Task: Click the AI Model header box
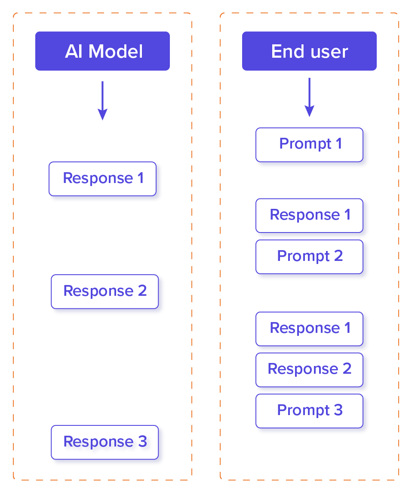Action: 102,51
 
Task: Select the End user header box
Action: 309,51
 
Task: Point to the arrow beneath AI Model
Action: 102,100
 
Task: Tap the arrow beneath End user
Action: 309,97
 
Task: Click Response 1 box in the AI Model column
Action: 103,179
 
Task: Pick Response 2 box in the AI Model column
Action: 105,291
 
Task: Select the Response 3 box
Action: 105,442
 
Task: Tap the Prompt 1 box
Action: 310,144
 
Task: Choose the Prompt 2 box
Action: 310,257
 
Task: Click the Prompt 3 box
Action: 310,410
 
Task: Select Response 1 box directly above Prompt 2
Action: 310,215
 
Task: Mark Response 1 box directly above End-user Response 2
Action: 310,329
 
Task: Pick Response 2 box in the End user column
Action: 310,369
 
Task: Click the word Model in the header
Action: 116,52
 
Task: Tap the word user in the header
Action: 329,52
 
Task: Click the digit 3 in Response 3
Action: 142,442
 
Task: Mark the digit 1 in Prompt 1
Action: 339,144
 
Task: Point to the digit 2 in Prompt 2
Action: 338,256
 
